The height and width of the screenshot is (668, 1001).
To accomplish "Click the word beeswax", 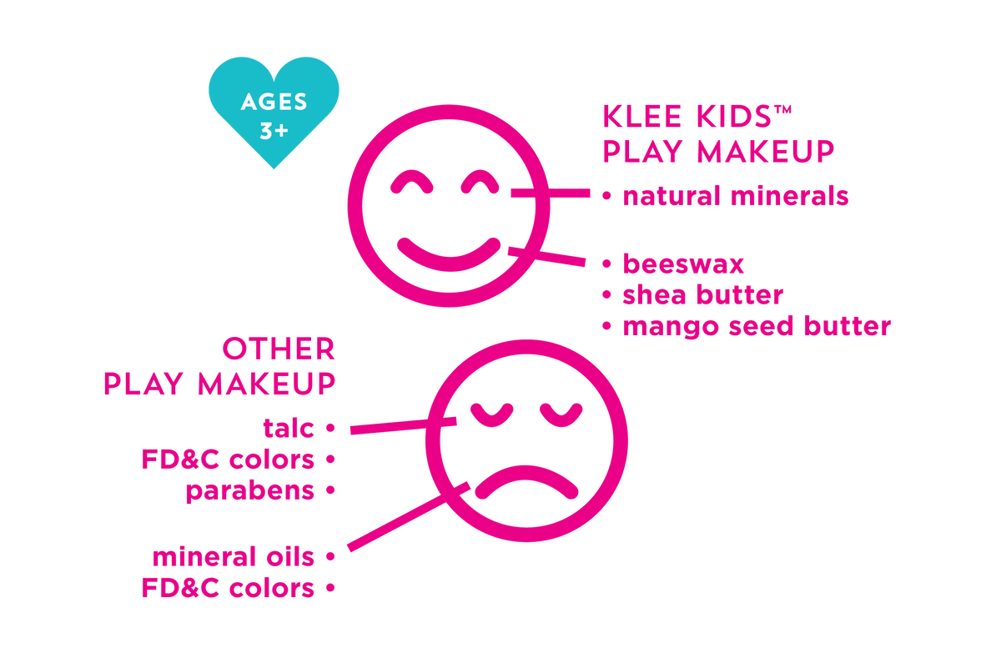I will [x=683, y=264].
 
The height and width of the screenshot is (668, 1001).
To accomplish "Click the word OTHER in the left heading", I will [x=278, y=349].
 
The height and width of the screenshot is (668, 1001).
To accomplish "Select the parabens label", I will [x=250, y=490].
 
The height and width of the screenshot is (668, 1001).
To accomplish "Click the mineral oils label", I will [x=234, y=556].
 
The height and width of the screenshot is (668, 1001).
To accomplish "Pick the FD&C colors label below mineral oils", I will [x=228, y=588].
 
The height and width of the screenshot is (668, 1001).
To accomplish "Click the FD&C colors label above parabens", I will [x=228, y=459].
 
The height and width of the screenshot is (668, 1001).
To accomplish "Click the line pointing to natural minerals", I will [x=551, y=193].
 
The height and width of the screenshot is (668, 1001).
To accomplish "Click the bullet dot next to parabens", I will [x=329, y=490].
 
